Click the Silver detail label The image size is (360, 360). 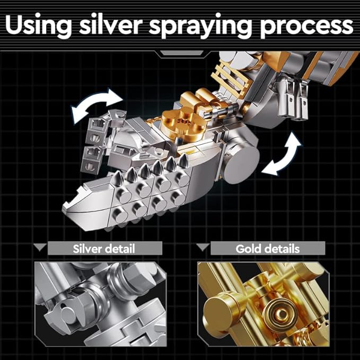pos(104,249)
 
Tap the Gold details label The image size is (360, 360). pos(267,249)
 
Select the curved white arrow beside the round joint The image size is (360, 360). pos(283,154)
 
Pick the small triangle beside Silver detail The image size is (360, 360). pos(40,247)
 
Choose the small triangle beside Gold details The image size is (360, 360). pos(203,247)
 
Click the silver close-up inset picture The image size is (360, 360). pos(101,304)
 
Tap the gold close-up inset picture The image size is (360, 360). pos(264,304)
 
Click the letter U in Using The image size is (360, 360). pos(15,24)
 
